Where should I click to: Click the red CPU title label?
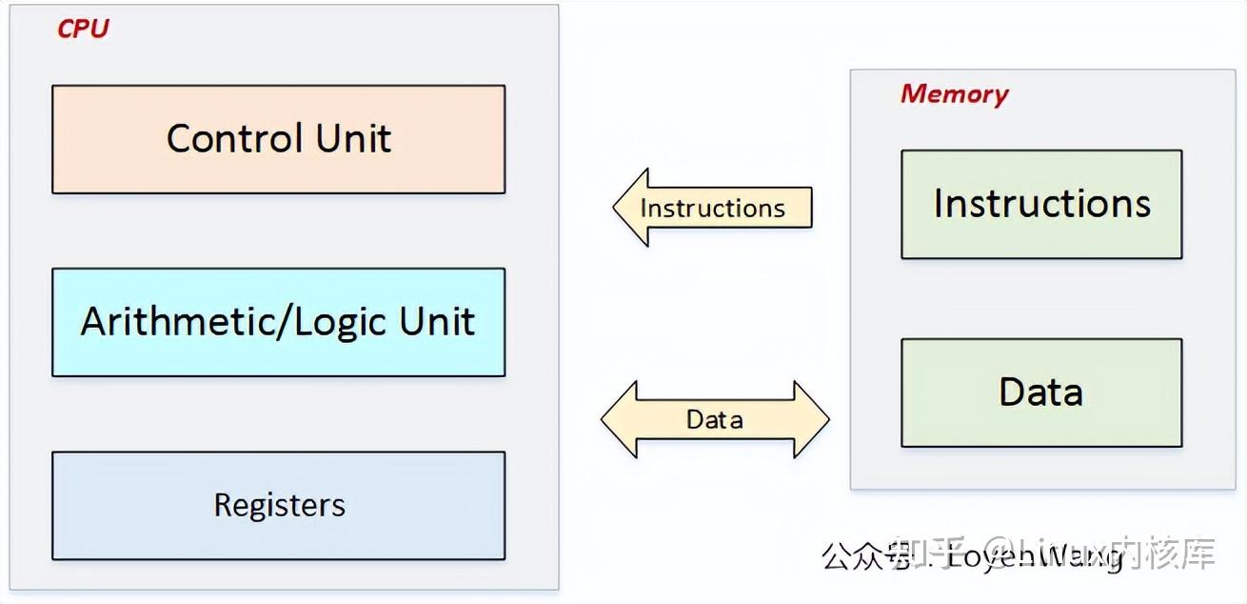pyautogui.click(x=83, y=30)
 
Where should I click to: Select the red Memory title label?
pyautogui.click(x=953, y=94)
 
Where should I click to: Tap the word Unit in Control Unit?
pyautogui.click(x=353, y=139)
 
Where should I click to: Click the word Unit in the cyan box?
pyautogui.click(x=437, y=322)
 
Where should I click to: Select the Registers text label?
pyautogui.click(x=279, y=505)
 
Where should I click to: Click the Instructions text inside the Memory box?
pyautogui.click(x=1041, y=204)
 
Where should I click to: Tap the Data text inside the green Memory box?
pyautogui.click(x=1040, y=393)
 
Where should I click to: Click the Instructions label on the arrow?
pyautogui.click(x=712, y=209)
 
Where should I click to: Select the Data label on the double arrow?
pyautogui.click(x=714, y=419)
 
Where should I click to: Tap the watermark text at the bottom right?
pyautogui.click(x=1019, y=555)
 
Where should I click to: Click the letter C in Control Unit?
pyautogui.click(x=179, y=139)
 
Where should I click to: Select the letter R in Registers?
pyautogui.click(x=222, y=505)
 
